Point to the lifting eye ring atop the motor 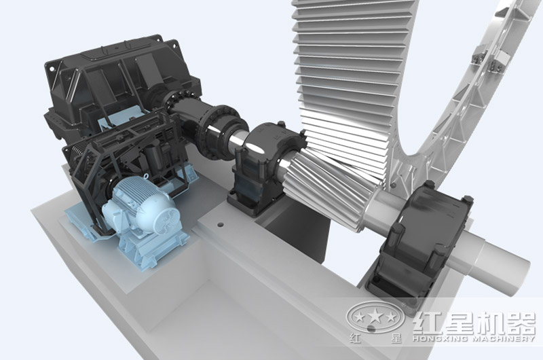(146, 177)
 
